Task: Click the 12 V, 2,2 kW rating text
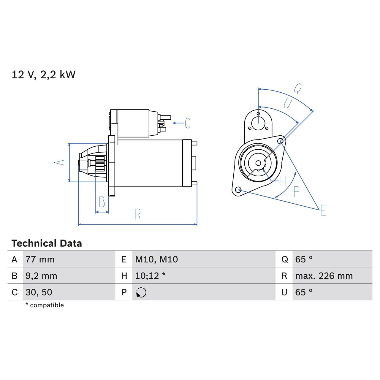[x=43, y=75]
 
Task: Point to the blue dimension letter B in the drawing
[x=102, y=202]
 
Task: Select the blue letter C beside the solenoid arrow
[x=187, y=123]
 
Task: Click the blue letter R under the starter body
[x=137, y=214]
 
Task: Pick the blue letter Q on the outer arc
[x=298, y=88]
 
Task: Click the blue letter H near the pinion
[x=283, y=181]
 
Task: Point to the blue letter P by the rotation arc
[x=296, y=192]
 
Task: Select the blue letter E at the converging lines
[x=323, y=210]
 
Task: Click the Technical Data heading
[x=47, y=243]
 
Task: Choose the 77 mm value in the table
[x=40, y=259]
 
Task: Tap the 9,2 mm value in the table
[x=41, y=276]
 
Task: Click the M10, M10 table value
[x=156, y=259]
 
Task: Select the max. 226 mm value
[x=324, y=276]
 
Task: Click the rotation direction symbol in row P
[x=141, y=292]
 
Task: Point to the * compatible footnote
[x=45, y=305]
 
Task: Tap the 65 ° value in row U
[x=304, y=292]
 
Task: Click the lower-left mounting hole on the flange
[x=238, y=190]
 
